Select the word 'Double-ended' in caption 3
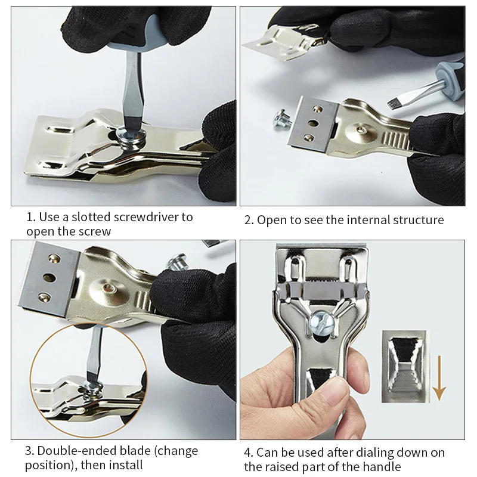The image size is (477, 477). pyautogui.click(x=76, y=451)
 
